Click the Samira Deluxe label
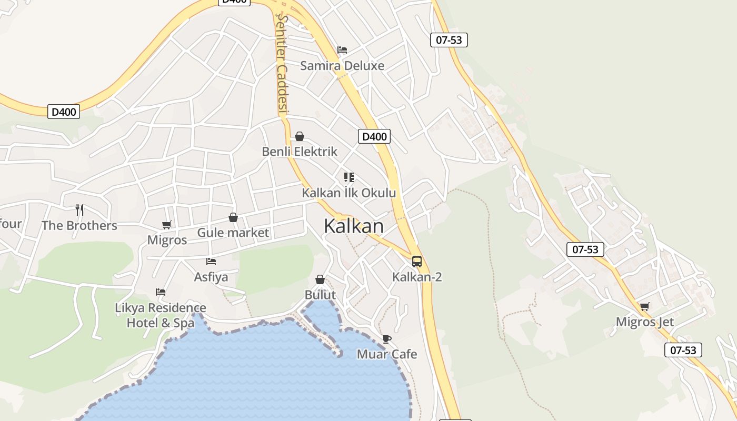pyautogui.click(x=342, y=66)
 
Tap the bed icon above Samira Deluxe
pyautogui.click(x=342, y=50)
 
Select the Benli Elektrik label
pyautogui.click(x=300, y=152)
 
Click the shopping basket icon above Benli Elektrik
pyautogui.click(x=300, y=137)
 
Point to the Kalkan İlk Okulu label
pyautogui.click(x=348, y=193)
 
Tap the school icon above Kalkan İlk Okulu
pyautogui.click(x=348, y=177)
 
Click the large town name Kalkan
pyautogui.click(x=354, y=226)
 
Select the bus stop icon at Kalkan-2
pyautogui.click(x=417, y=262)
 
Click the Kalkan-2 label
pyautogui.click(x=417, y=277)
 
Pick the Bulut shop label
pyautogui.click(x=320, y=295)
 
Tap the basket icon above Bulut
pyautogui.click(x=320, y=279)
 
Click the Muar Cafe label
pyautogui.click(x=387, y=354)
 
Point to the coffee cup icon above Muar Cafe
pyautogui.click(x=387, y=339)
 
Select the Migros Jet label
pyautogui.click(x=645, y=322)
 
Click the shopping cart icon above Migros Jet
pyautogui.click(x=645, y=307)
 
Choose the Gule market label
pyautogui.click(x=233, y=233)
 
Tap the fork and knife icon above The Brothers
pyautogui.click(x=79, y=210)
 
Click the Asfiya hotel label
pyautogui.click(x=211, y=277)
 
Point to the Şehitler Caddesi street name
pyautogui.click(x=283, y=63)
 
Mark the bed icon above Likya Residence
pyautogui.click(x=161, y=292)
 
